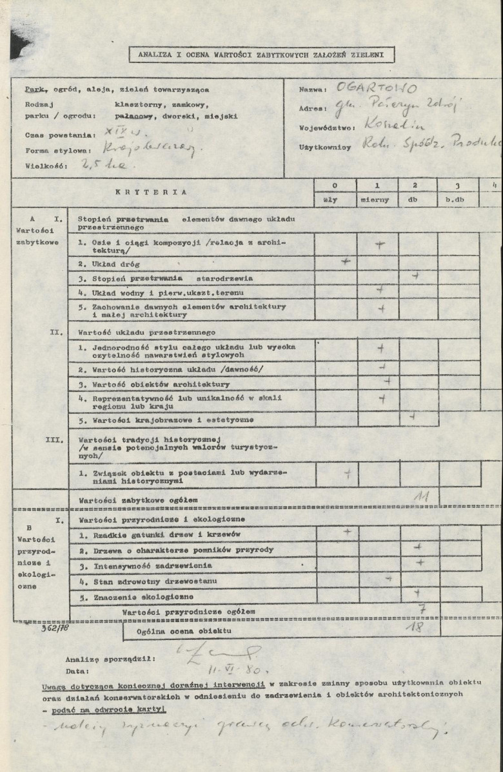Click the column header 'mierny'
point(377,200)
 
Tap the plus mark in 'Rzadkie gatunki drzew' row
point(348,531)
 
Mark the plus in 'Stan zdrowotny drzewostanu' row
point(388,579)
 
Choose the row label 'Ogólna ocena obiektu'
point(184,632)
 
